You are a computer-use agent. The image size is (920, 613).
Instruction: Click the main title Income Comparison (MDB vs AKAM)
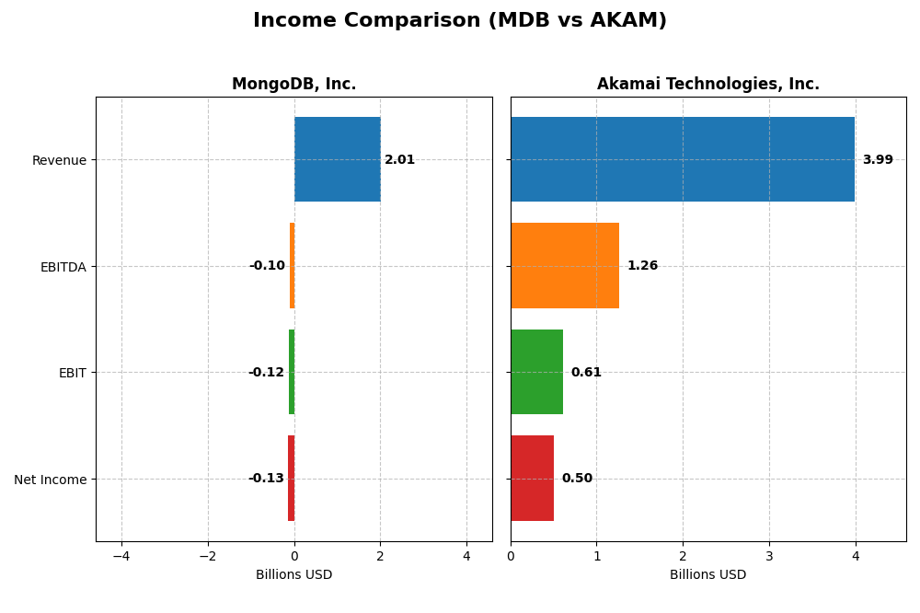click(459, 20)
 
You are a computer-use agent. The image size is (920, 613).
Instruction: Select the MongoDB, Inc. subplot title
click(293, 84)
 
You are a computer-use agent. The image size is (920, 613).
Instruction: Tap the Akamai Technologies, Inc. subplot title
click(707, 84)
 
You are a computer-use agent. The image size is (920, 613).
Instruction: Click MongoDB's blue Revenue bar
click(337, 159)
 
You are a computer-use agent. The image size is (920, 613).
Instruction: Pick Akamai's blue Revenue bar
click(682, 159)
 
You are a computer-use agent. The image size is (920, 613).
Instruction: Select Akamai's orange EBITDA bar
click(564, 266)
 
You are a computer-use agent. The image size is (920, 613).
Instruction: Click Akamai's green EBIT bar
click(536, 372)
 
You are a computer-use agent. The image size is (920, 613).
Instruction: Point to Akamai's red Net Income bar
click(532, 479)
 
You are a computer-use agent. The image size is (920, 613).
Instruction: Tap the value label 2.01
click(399, 160)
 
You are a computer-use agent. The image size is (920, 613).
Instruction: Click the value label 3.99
click(878, 160)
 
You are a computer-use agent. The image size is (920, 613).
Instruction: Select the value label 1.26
click(642, 266)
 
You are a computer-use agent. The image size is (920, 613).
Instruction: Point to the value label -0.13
click(266, 479)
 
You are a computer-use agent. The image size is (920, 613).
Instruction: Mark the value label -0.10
click(267, 266)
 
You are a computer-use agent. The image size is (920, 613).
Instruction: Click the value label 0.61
click(586, 373)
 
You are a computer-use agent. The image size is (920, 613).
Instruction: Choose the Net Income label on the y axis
click(50, 480)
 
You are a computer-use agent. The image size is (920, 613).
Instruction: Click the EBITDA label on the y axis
click(63, 267)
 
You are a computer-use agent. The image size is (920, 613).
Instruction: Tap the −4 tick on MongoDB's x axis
click(121, 556)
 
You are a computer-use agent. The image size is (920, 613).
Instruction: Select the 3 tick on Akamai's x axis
click(769, 556)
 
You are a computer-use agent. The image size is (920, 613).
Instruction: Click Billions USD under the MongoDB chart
click(293, 574)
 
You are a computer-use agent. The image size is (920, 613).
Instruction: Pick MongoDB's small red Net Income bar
click(291, 479)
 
